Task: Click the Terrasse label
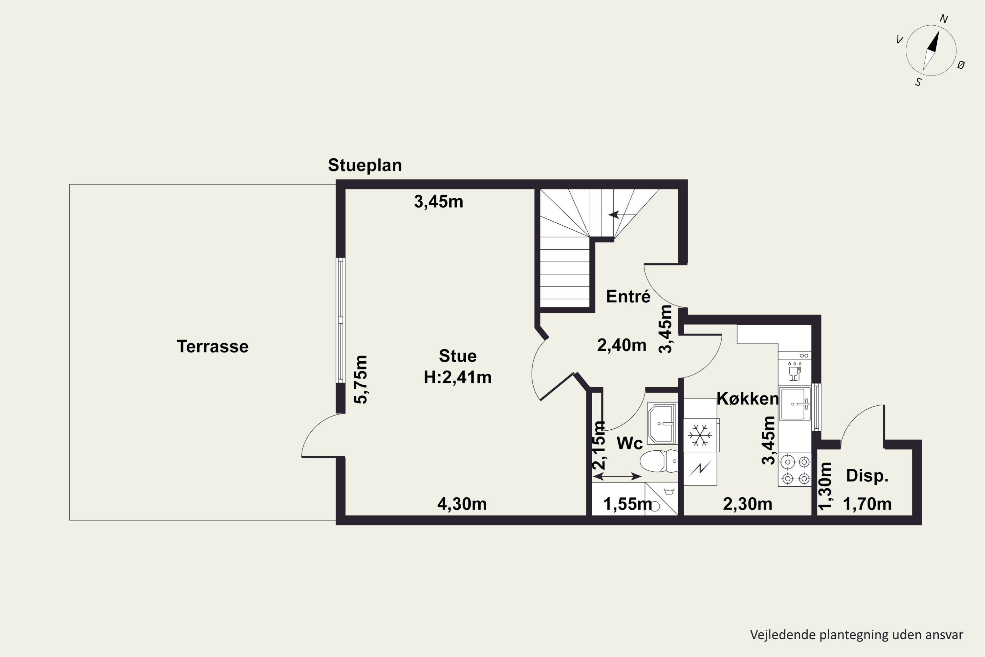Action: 212,347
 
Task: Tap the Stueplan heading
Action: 365,165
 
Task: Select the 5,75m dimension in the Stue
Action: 361,380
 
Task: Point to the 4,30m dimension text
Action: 462,504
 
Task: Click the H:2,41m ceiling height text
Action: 457,377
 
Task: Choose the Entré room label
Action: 628,296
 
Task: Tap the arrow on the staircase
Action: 622,215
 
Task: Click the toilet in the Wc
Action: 659,461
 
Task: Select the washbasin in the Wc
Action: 662,424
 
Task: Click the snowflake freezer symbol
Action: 700,435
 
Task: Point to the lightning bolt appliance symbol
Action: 700,468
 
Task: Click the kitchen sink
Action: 795,403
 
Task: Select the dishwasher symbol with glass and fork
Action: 795,371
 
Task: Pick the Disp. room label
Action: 867,476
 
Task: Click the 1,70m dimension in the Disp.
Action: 867,504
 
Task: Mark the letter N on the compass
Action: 944,19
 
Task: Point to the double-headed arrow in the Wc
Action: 617,476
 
